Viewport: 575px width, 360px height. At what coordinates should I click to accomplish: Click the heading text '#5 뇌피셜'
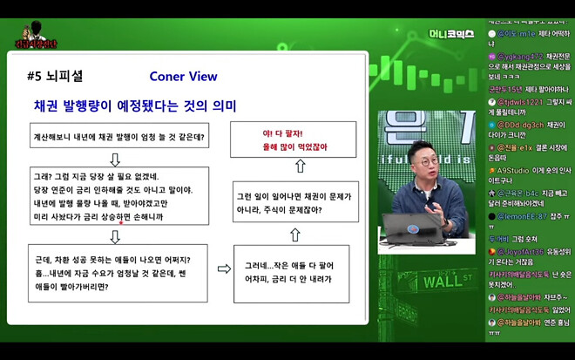coord(57,77)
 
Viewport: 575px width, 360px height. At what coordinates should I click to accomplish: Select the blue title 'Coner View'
coord(183,76)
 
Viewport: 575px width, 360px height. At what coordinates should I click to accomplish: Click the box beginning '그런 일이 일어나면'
coord(295,203)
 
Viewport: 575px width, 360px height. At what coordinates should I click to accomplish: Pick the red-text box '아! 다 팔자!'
coord(295,139)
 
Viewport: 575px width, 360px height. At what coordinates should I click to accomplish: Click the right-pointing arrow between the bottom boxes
coord(223,269)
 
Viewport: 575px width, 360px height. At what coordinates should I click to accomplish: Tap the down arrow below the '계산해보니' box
coord(115,160)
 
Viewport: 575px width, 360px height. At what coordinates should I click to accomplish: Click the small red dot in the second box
coord(122,221)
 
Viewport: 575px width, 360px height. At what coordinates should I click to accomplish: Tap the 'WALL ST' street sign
coord(445,282)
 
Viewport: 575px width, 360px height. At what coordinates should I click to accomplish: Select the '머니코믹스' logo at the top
coord(451,34)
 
